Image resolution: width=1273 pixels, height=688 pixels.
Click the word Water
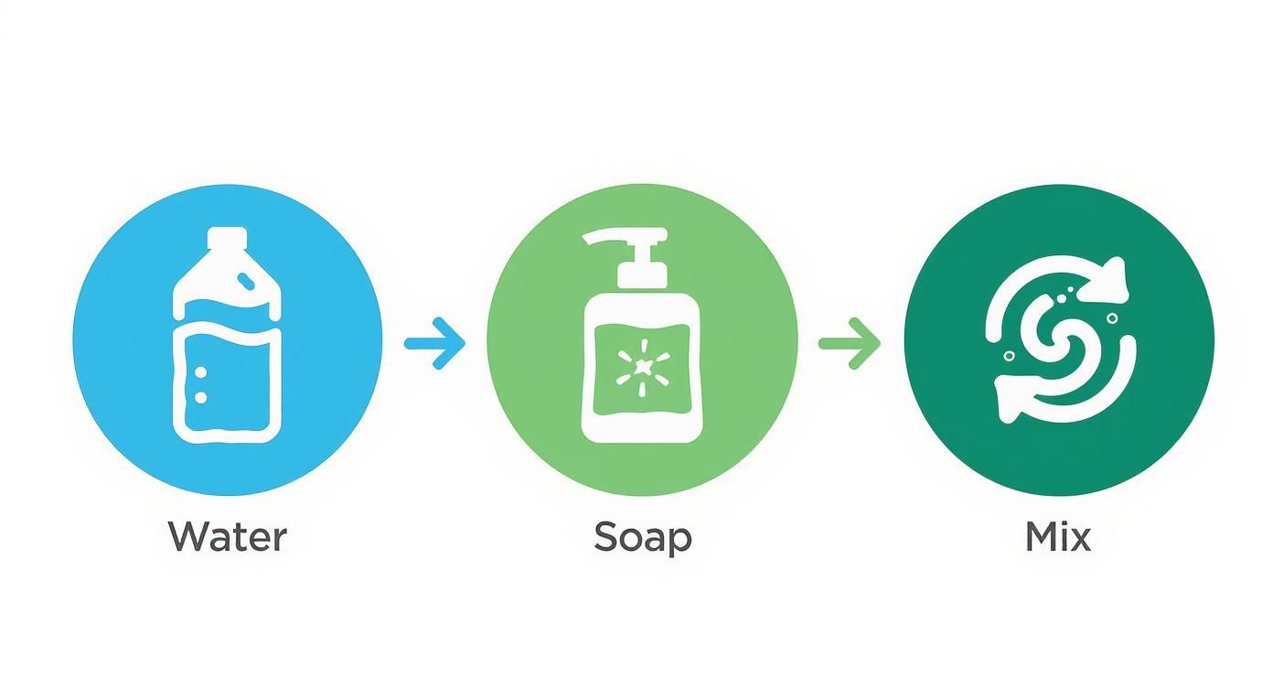point(227,537)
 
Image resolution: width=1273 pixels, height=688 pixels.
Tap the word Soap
point(642,537)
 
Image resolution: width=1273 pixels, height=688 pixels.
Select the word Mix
point(1058,537)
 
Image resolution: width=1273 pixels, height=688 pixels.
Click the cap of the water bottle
point(227,240)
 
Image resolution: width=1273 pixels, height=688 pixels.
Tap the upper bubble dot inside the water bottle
point(202,372)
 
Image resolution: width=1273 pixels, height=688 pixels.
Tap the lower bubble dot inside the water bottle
point(202,395)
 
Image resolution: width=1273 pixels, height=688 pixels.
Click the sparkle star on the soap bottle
point(641,367)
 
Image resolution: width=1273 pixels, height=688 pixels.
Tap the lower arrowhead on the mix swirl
point(1011,393)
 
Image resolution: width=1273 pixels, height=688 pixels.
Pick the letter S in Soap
point(605,537)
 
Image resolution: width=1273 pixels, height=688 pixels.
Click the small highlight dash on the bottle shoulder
point(245,275)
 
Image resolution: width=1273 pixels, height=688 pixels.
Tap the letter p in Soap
point(679,541)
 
